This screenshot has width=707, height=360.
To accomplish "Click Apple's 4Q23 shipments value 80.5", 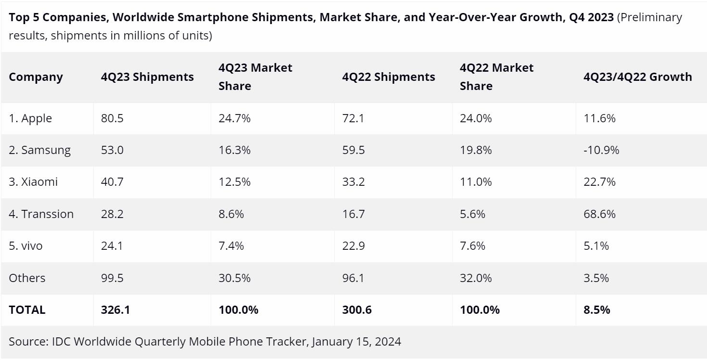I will (112, 118).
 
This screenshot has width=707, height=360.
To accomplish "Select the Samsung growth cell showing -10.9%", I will (601, 150).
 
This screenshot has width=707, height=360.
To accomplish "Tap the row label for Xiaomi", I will (33, 182).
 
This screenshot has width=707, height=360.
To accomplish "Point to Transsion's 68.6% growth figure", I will (599, 214).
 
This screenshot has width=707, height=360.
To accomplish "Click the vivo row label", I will (25, 246).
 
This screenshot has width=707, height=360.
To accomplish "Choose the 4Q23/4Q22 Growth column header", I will (637, 77).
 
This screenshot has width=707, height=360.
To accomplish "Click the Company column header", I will (36, 77).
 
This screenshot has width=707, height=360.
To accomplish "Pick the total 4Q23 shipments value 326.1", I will (115, 310).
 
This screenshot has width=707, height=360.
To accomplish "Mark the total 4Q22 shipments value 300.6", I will (357, 310).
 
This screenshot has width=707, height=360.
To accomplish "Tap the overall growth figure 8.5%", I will (596, 310).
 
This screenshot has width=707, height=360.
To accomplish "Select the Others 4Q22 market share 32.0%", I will (476, 278).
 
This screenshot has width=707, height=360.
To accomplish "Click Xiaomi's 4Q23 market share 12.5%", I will (234, 182).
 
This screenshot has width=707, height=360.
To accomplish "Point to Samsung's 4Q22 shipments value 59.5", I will (353, 150).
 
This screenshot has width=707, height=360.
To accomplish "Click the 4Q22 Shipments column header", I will (389, 77).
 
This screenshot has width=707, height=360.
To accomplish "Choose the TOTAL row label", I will (27, 310).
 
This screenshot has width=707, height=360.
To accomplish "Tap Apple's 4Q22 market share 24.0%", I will (476, 118).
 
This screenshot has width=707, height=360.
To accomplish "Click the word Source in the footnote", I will (26, 342).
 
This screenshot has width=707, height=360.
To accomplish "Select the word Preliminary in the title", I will (650, 18).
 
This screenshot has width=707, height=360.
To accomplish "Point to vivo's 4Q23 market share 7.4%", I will (231, 246).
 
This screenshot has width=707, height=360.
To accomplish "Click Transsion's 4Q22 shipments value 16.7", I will (353, 214).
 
